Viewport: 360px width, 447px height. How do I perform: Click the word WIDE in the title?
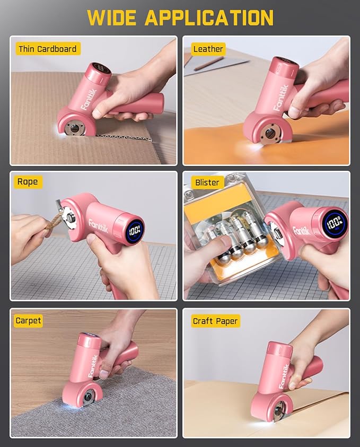point(112,17)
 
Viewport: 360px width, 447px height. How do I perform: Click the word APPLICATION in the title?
point(209,17)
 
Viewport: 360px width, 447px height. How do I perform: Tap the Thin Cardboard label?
point(47,49)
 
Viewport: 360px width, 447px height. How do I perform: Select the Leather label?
point(208,49)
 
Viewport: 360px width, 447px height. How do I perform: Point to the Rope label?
point(27,182)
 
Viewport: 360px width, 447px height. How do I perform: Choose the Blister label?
point(207,182)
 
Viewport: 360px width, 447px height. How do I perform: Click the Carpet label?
point(28,320)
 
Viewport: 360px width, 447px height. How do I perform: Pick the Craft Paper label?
point(215,320)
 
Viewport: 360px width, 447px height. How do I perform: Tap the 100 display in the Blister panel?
point(334,222)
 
